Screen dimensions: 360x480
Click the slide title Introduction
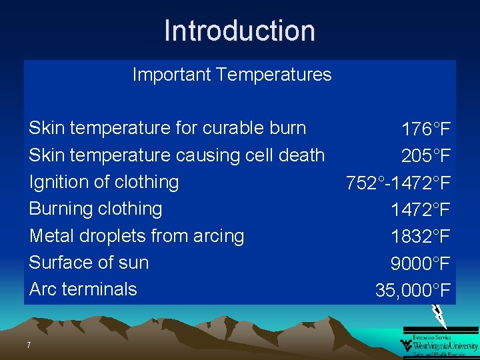click(x=239, y=31)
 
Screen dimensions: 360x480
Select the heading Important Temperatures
click(x=231, y=74)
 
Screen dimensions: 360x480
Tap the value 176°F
click(x=426, y=129)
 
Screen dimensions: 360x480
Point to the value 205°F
click(x=426, y=156)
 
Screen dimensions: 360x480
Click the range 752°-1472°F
click(x=398, y=183)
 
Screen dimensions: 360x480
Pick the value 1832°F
click(x=421, y=237)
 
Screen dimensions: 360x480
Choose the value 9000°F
click(x=421, y=264)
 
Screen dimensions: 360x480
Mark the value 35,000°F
click(x=413, y=291)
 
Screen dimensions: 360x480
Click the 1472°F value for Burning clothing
click(x=421, y=210)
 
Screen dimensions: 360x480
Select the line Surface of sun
click(x=89, y=262)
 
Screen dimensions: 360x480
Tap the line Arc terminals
click(x=83, y=289)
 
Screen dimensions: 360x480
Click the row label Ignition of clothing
click(x=104, y=181)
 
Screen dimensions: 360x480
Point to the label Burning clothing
click(x=95, y=208)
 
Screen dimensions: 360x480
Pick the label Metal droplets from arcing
click(x=137, y=235)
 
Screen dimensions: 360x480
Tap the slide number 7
click(x=29, y=345)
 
